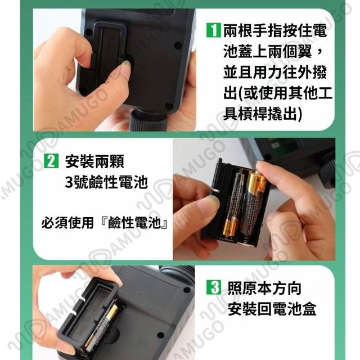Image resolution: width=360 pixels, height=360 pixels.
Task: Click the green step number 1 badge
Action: pyautogui.click(x=214, y=30)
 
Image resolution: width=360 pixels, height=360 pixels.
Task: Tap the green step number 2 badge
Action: pyautogui.click(x=51, y=161)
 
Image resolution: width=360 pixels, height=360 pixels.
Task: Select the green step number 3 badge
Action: pyautogui.click(x=214, y=287)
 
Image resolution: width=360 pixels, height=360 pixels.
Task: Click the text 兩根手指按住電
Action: pyautogui.click(x=275, y=30)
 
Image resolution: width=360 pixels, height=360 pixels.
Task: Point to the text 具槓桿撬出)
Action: pyautogui.click(x=263, y=113)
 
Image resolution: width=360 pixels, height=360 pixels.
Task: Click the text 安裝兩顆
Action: pyautogui.click(x=94, y=161)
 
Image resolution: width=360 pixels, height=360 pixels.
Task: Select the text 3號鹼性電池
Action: pyautogui.click(x=106, y=182)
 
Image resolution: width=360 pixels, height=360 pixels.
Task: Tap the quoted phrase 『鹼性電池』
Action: pyautogui.click(x=135, y=223)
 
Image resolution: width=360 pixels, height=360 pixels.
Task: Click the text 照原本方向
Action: pyautogui.click(x=264, y=288)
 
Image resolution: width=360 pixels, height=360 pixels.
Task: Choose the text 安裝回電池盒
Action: pyautogui.click(x=272, y=309)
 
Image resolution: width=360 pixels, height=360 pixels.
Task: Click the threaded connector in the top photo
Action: pyautogui.click(x=147, y=119)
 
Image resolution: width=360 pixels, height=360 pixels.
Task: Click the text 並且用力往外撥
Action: pyautogui.click(x=275, y=72)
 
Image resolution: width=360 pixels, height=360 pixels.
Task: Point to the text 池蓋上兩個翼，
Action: pyautogui.click(x=273, y=51)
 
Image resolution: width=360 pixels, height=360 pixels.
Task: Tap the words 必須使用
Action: pyautogui.click(x=67, y=223)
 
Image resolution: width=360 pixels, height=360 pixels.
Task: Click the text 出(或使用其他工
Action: pyautogui.click(x=278, y=92)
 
